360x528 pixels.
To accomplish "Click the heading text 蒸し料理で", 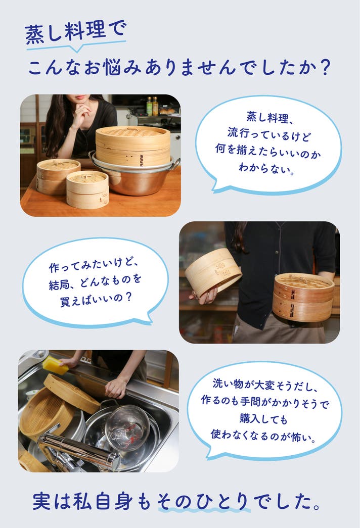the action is coord(75,32).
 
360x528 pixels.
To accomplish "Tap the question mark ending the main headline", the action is coord(324,67).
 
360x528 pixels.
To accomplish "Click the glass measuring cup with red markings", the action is coord(127,427).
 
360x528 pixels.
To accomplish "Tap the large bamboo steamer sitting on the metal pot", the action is coord(133,145).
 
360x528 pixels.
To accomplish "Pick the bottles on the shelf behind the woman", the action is coord(152,106).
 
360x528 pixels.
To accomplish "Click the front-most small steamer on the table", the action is coord(87,189).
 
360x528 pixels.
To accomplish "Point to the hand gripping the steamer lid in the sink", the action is coord(116,388).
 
